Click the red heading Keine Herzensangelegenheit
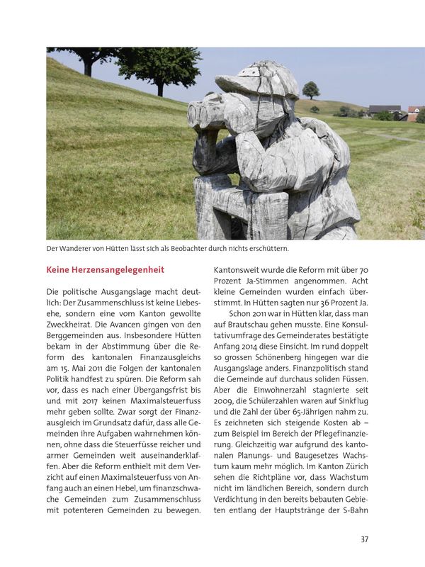pos(105,270)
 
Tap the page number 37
pos(364,539)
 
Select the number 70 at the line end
pos(363,269)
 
